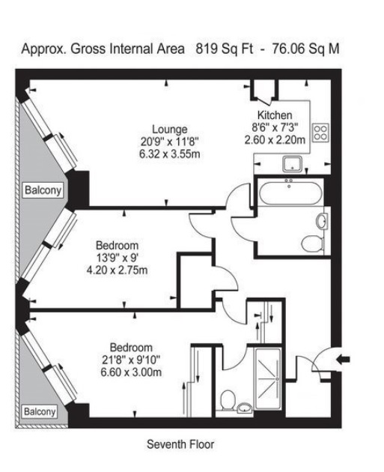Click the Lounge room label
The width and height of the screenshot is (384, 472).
point(170,129)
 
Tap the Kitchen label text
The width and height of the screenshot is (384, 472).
point(275,115)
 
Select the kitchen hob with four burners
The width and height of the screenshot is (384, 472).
point(320,133)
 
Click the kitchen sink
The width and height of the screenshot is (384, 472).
point(292,164)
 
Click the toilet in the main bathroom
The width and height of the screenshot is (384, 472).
point(312,244)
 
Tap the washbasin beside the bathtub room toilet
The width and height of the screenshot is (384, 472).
point(322,221)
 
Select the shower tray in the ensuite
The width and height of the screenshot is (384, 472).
point(268,379)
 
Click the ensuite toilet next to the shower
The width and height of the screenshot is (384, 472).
point(228,401)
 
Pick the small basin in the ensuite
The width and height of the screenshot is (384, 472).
point(245,409)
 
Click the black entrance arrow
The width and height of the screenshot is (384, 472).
point(344,359)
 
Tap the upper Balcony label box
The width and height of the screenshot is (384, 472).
point(43,190)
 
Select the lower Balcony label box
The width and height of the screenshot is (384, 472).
point(40,411)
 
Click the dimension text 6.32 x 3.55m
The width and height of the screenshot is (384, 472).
point(170,154)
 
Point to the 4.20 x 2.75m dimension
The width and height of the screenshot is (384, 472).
point(117,270)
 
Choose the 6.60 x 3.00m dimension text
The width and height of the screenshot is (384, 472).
point(131,372)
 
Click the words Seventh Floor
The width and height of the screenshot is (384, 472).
point(180,444)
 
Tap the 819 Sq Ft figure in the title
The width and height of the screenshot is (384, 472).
point(225,49)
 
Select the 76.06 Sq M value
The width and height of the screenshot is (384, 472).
point(305,49)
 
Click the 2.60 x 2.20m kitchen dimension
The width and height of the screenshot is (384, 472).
point(275,140)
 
